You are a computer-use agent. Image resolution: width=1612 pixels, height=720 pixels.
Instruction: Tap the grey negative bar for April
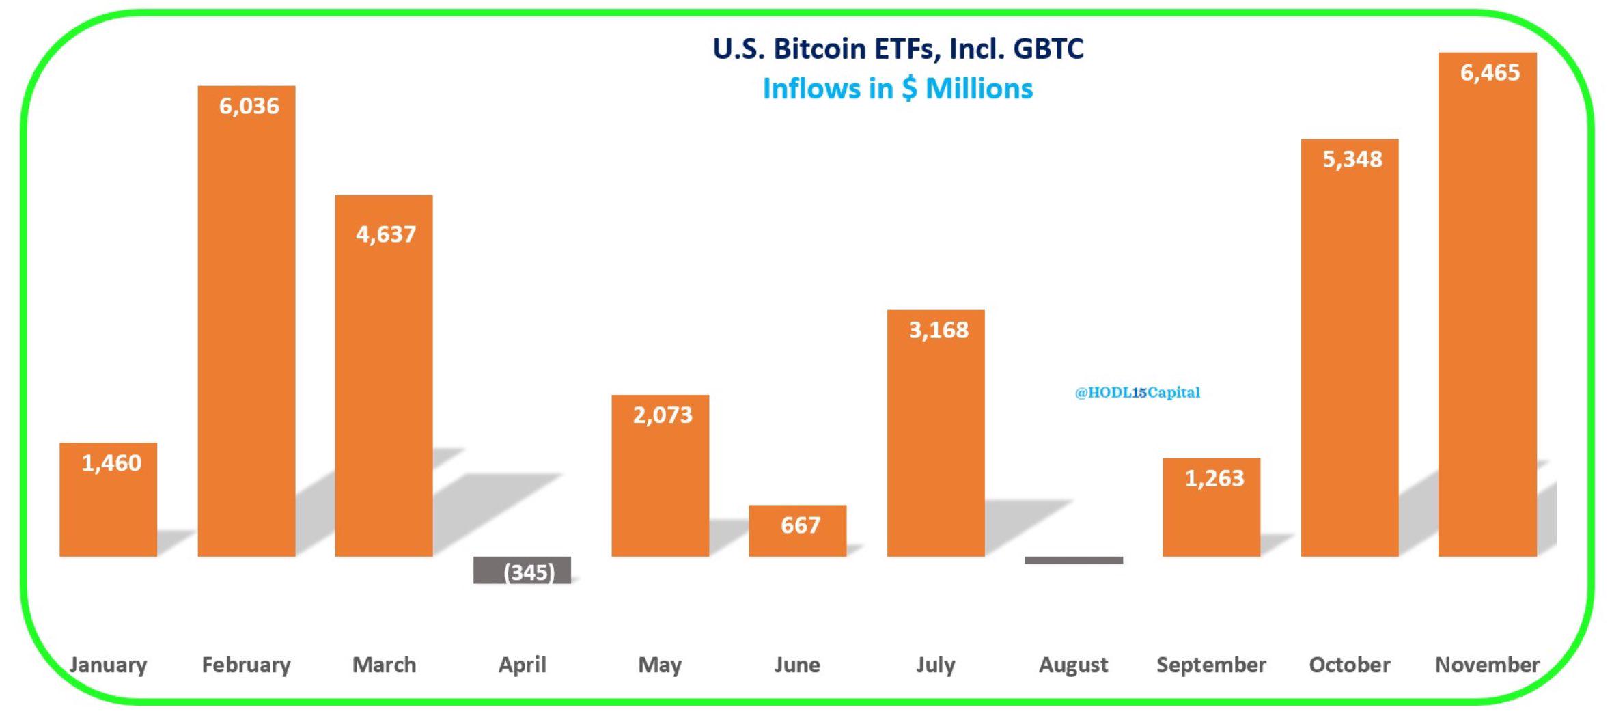(x=522, y=570)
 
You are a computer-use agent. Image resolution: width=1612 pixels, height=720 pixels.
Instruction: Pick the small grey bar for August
(x=1073, y=560)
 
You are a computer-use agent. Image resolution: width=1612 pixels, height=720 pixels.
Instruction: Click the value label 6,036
(x=249, y=106)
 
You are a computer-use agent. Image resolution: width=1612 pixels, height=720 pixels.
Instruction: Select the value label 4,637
(x=385, y=234)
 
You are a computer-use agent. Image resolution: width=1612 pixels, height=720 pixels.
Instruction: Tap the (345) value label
(x=529, y=572)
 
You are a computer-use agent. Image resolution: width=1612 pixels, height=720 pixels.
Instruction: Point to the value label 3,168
(x=938, y=330)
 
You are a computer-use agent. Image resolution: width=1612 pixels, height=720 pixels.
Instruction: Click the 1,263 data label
(x=1214, y=478)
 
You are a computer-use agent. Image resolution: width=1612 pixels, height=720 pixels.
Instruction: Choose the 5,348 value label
(x=1352, y=159)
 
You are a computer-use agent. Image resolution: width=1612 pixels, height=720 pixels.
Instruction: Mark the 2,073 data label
(x=662, y=415)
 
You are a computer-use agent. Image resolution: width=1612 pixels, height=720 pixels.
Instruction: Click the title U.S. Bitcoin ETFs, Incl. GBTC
(x=898, y=49)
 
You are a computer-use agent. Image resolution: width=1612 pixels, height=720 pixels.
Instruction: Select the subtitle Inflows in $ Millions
(x=898, y=89)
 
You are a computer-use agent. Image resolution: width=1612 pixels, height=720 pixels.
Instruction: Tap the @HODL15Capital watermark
(x=1137, y=392)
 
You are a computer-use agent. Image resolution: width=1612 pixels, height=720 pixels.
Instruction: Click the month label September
(x=1211, y=665)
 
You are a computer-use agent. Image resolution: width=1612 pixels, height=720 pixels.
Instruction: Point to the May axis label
(x=660, y=665)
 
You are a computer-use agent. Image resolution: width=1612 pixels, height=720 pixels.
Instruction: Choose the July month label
(x=935, y=665)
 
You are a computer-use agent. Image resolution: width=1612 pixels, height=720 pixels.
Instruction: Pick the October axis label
(x=1349, y=665)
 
